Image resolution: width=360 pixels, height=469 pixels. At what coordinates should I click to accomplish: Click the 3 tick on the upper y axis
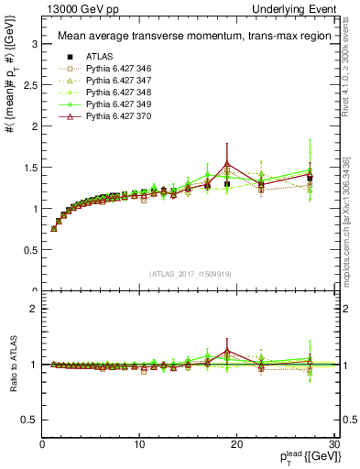point(34,43)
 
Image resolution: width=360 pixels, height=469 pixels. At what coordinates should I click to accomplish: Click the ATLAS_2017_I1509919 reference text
point(189,272)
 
